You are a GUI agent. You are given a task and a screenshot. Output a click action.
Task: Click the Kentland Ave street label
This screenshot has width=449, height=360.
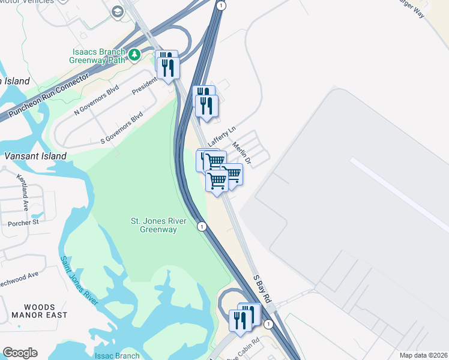[24, 188]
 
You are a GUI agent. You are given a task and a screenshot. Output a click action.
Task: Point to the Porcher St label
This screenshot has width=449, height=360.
[23, 223]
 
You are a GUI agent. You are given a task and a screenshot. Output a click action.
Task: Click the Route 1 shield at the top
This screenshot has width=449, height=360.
[221, 5]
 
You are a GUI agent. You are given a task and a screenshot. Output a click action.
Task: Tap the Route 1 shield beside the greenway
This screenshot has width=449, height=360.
[202, 226]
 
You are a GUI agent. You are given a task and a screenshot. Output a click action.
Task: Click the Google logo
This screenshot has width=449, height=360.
[20, 353]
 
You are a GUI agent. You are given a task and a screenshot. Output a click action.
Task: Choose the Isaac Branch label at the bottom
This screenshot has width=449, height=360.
[116, 356]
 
